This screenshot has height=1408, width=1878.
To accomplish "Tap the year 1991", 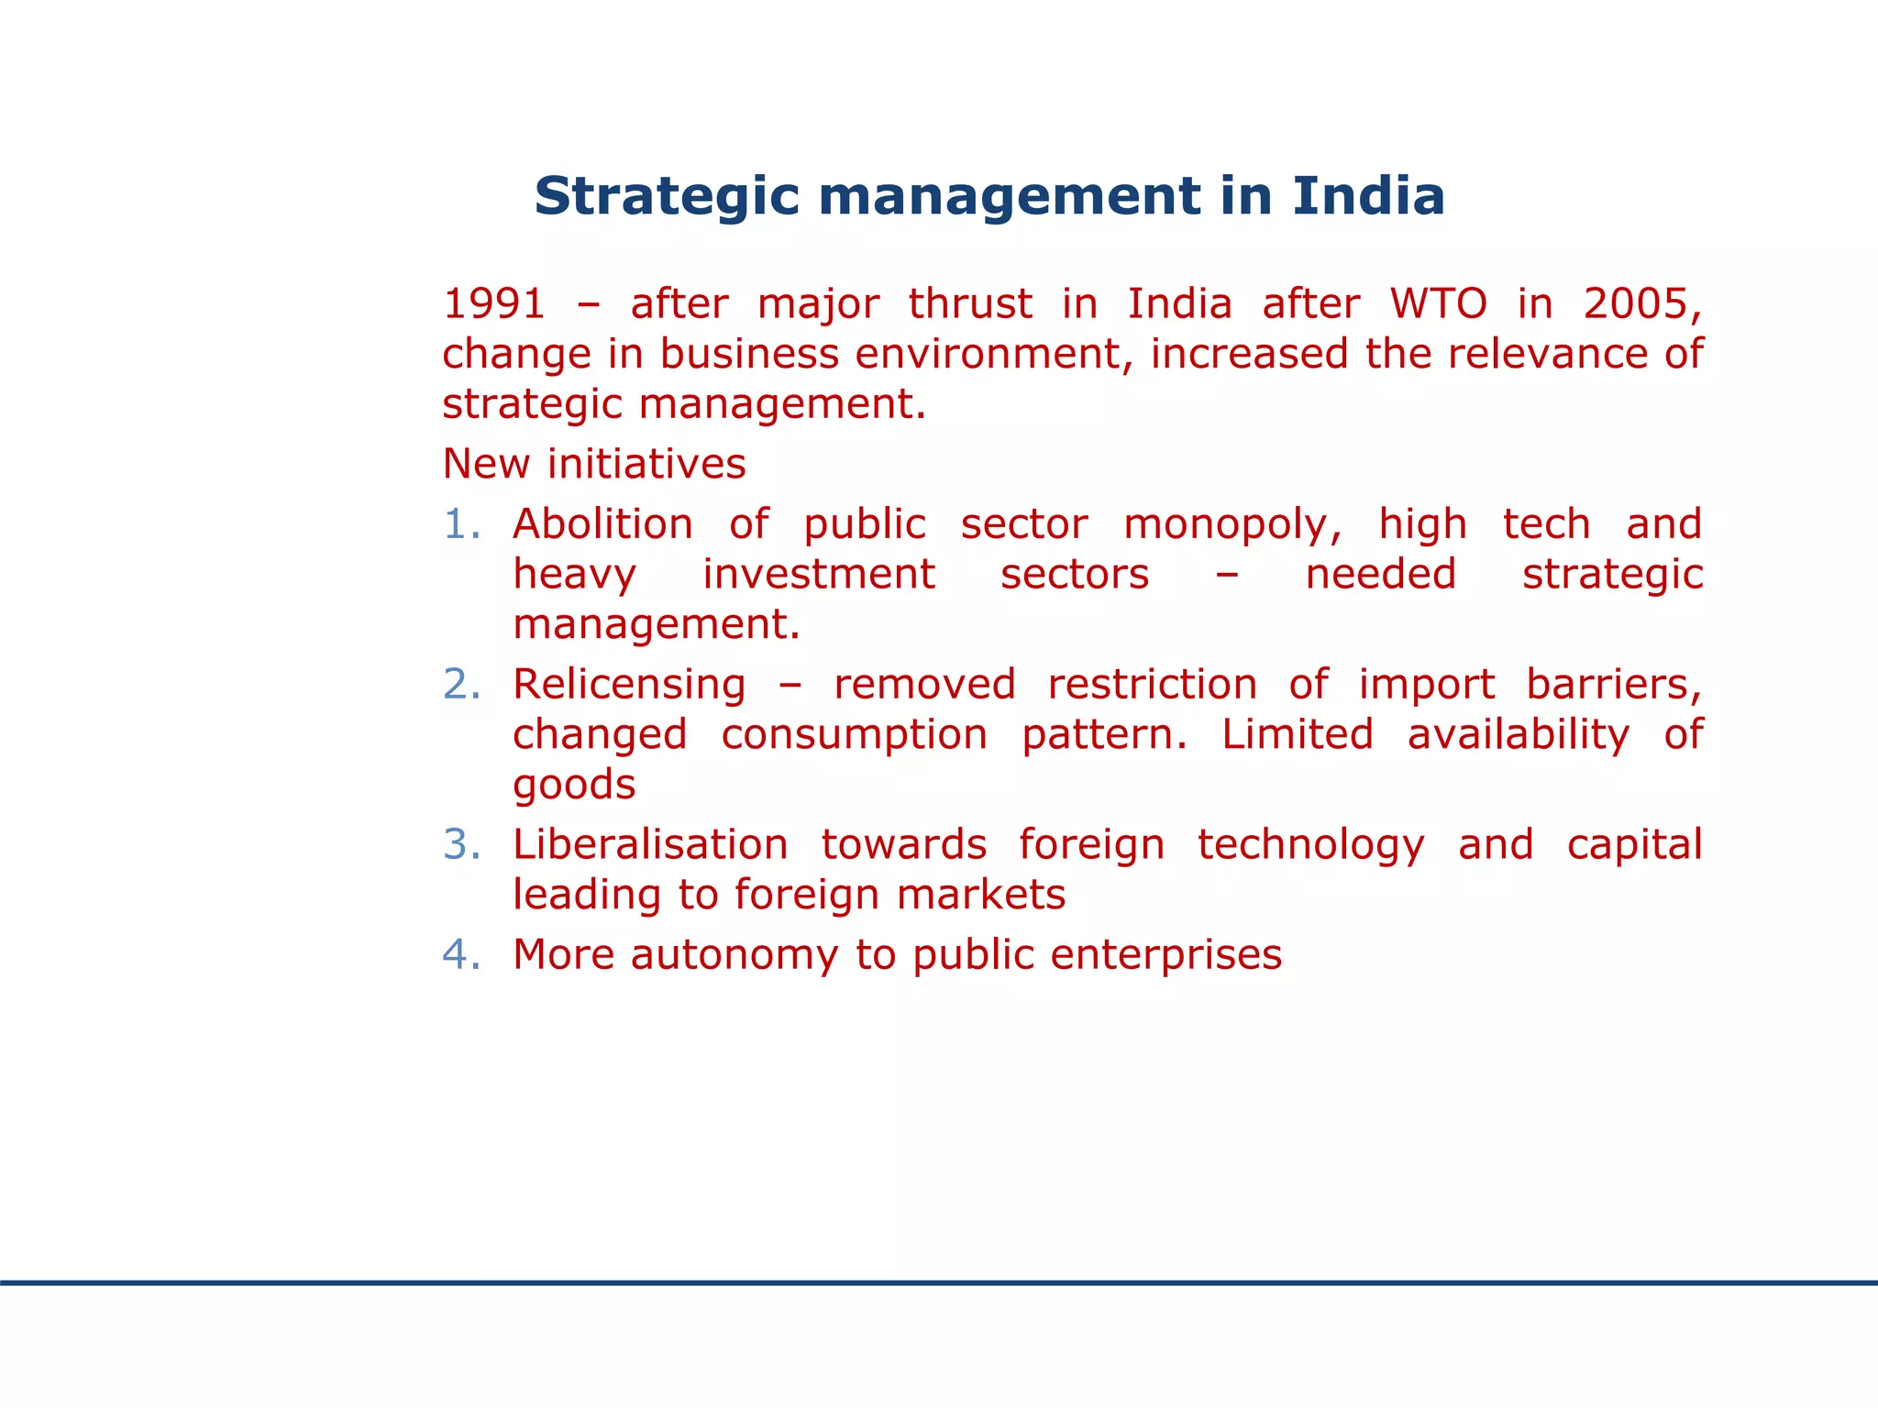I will click(494, 303).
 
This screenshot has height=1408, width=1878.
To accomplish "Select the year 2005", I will click(1640, 303).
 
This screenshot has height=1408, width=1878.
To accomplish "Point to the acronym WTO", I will click(1438, 303).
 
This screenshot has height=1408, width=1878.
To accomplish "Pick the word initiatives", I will click(646, 464).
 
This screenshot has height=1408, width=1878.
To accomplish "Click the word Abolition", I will click(602, 524).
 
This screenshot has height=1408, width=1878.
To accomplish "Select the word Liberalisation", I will click(650, 845).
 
